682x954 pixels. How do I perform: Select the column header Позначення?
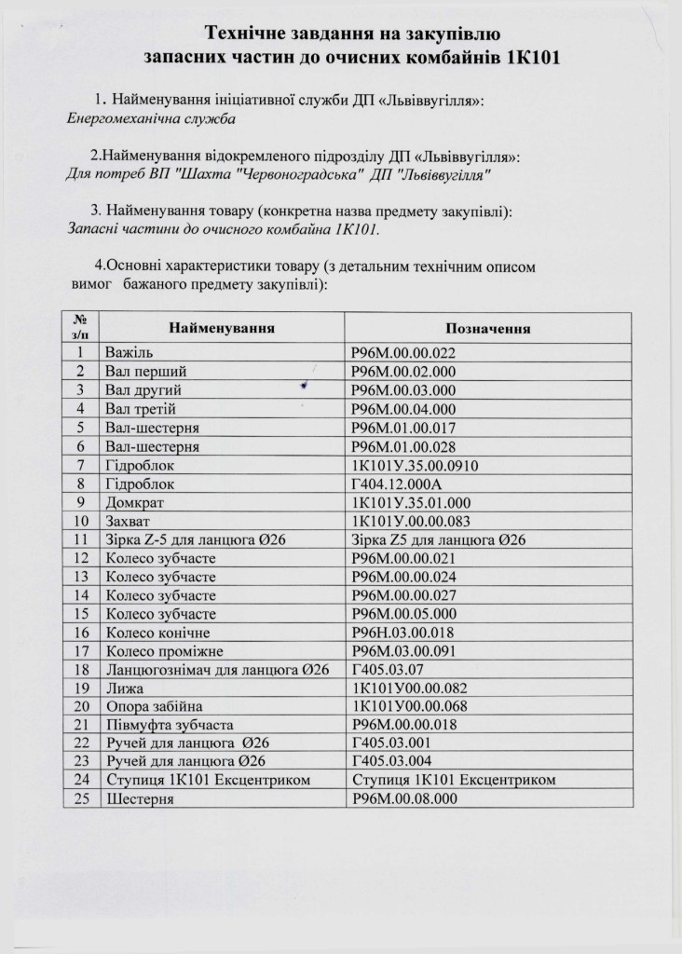(488, 329)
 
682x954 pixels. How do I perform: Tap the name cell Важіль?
(124, 353)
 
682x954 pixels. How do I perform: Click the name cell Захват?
(130, 521)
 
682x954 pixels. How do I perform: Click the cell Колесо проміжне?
(158, 651)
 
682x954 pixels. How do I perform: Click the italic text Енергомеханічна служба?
(151, 119)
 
